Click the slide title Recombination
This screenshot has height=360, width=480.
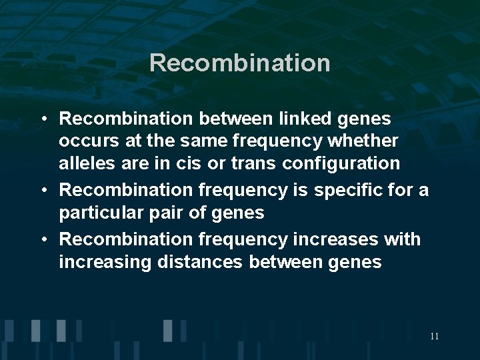click(x=240, y=63)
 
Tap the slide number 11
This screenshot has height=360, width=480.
click(x=434, y=336)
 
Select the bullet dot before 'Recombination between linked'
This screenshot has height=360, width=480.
click(x=42, y=119)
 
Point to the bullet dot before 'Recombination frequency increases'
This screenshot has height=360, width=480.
click(x=42, y=239)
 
